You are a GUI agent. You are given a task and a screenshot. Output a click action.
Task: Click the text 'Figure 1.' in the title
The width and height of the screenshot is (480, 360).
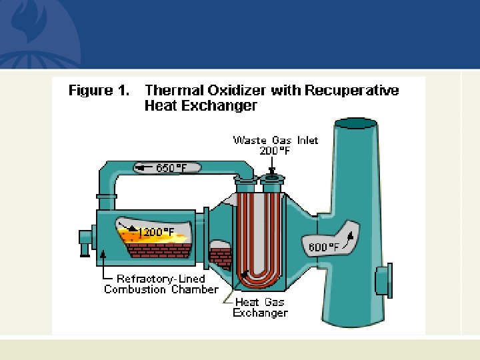click(x=99, y=91)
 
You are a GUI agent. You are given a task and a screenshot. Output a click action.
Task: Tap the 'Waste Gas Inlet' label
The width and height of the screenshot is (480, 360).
click(x=275, y=140)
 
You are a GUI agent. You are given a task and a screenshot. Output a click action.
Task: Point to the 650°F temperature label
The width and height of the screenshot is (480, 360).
click(x=171, y=168)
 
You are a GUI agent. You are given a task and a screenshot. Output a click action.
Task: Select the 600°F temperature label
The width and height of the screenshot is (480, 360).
click(x=323, y=247)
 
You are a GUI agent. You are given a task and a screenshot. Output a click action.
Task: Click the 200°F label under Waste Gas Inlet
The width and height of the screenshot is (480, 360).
click(x=275, y=151)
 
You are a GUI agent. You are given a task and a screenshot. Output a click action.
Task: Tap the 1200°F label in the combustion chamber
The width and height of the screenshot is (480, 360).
click(x=157, y=232)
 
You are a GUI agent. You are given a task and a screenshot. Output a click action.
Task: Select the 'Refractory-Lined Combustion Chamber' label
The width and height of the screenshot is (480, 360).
click(x=161, y=284)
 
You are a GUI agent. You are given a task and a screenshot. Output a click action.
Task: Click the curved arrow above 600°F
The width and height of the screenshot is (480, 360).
click(x=347, y=235)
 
